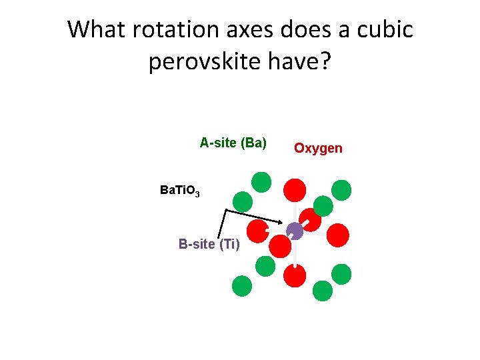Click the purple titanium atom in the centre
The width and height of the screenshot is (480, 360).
coord(295,231)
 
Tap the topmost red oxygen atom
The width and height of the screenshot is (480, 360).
coord(295,189)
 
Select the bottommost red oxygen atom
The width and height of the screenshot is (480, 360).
coord(295,275)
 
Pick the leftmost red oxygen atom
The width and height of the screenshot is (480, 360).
coord(258,231)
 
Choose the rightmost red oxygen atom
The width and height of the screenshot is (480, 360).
coord(338,235)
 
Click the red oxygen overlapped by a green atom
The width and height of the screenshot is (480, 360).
coord(310,220)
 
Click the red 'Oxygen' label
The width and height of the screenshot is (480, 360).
coord(318,148)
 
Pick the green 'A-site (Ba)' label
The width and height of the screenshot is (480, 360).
coord(233,142)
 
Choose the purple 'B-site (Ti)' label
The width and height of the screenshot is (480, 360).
coord(209,244)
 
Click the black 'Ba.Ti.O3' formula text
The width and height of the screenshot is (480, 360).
coord(179,191)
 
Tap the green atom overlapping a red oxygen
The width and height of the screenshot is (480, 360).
coord(323,205)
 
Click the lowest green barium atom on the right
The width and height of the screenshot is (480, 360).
coord(323,291)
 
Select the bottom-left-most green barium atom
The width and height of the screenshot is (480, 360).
coord(242,285)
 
